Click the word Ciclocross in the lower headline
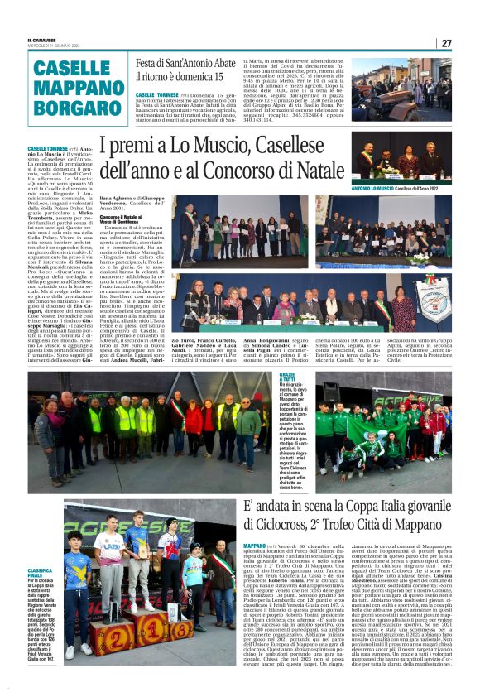point(284,524)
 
